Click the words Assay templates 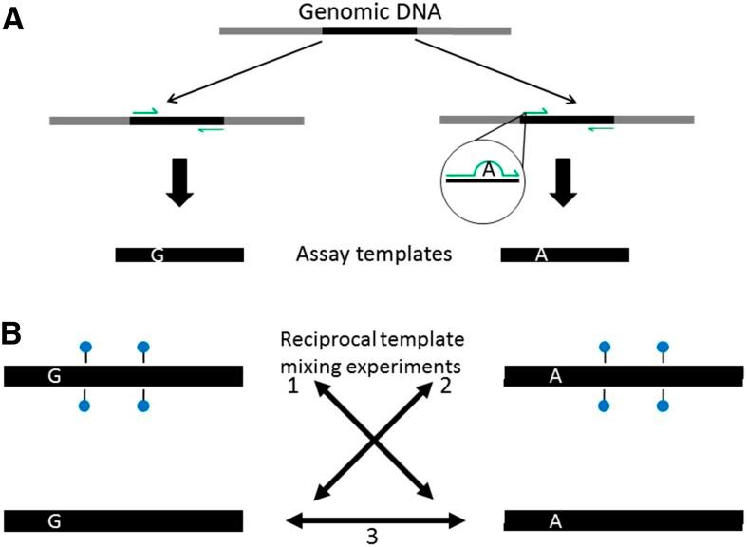[x=372, y=255]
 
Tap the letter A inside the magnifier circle [x=488, y=169]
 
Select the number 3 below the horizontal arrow [x=373, y=537]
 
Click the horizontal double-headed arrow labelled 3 [x=375, y=519]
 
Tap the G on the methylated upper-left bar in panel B [x=55, y=376]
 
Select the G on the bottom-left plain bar [x=55, y=520]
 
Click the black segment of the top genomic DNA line [x=369, y=30]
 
